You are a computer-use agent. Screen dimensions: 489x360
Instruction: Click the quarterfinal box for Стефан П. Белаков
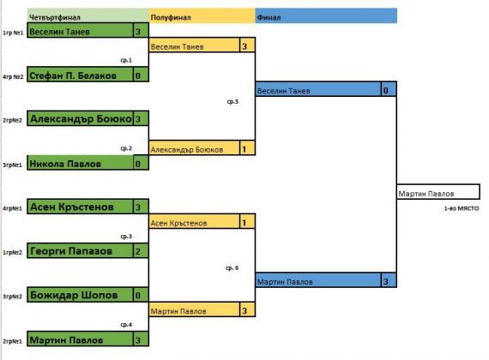point(88,75)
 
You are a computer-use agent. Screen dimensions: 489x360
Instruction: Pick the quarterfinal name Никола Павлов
point(65,164)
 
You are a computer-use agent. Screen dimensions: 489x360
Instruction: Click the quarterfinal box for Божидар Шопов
point(88,295)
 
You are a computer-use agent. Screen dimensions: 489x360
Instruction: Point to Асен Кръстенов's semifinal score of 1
point(248,222)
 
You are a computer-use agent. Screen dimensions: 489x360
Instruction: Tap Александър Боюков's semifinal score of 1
point(248,148)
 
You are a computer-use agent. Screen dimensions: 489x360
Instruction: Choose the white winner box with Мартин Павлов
point(438,192)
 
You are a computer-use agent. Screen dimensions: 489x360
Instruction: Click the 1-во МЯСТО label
point(462,208)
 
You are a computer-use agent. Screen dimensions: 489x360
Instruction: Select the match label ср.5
point(232,102)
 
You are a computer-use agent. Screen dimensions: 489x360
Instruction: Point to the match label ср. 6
point(232,267)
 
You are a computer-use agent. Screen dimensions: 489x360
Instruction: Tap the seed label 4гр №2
point(13,76)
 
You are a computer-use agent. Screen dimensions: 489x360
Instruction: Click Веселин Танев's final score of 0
point(389,89)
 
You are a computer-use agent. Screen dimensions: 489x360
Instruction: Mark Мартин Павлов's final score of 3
point(389,280)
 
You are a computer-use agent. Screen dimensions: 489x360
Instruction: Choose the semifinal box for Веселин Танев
point(202,45)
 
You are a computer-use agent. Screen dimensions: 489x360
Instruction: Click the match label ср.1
point(126,60)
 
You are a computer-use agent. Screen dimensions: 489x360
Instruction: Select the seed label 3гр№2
point(13,297)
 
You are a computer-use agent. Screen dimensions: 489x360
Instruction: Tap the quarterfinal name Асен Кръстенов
point(72,207)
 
